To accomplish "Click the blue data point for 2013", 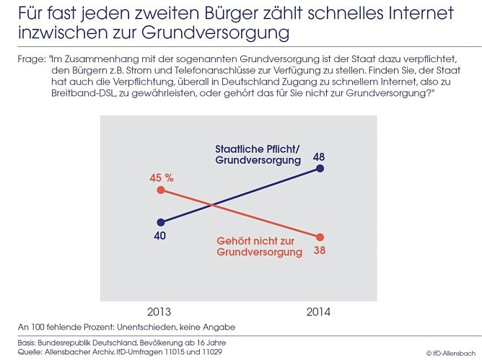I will click(x=160, y=222).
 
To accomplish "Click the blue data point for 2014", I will click(x=320, y=169).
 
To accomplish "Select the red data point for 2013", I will click(x=160, y=190).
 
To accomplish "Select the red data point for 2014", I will click(x=320, y=237).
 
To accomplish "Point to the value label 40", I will click(x=160, y=237).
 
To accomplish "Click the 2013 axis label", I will click(x=160, y=312).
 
